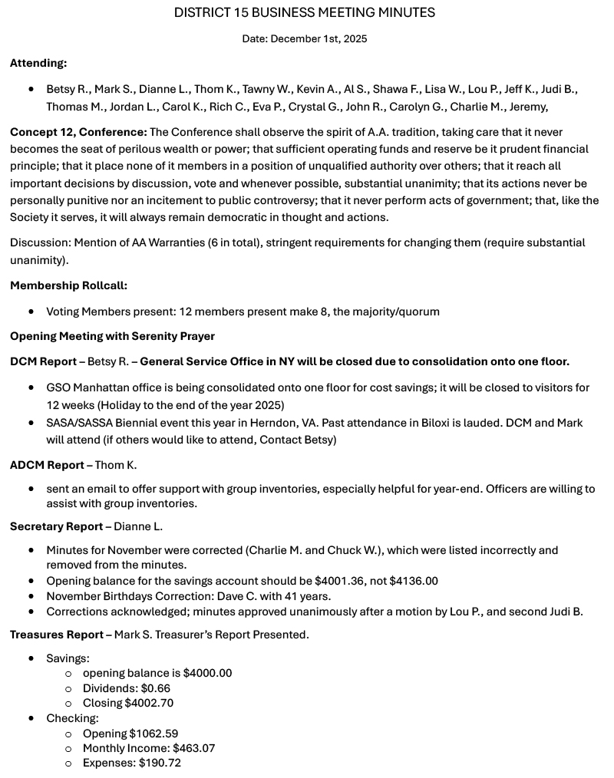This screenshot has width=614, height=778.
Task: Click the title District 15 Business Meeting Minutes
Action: point(305,12)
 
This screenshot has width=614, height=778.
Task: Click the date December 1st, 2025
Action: point(305,38)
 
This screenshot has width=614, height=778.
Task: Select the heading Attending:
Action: point(38,64)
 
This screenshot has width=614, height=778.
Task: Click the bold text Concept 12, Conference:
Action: point(78,132)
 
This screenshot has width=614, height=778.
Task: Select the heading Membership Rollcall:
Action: point(68,285)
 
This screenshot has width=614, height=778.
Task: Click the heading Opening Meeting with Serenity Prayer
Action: point(112,336)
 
